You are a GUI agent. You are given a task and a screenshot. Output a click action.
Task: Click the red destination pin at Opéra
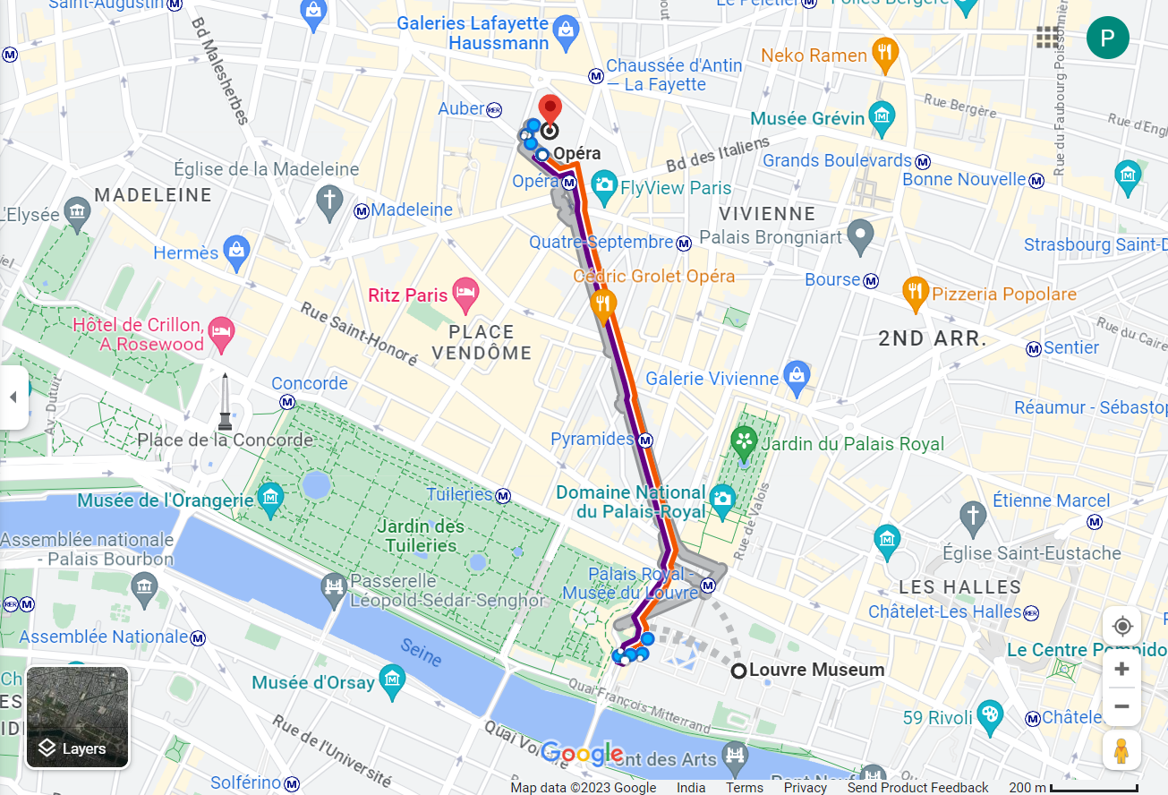[x=550, y=107]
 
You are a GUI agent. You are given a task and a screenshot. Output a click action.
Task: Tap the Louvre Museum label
[x=816, y=670]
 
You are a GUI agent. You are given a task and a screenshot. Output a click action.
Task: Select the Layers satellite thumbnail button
[x=78, y=718]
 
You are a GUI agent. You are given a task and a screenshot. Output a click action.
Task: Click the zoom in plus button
[x=1121, y=670]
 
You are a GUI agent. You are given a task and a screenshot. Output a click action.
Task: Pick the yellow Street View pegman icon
[x=1121, y=749]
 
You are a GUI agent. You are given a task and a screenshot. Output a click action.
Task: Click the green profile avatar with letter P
[x=1107, y=38]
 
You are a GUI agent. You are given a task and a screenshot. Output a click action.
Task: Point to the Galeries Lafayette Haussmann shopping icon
[x=566, y=32]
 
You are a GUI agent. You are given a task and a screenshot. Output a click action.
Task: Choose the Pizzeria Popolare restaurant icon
[x=914, y=291]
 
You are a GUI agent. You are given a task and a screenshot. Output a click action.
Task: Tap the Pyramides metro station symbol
[x=645, y=440]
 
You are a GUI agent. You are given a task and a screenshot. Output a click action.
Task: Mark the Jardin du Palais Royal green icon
[x=744, y=440]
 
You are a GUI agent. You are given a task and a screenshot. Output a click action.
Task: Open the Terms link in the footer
[x=744, y=788]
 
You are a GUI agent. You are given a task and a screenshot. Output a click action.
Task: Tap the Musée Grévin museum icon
[x=882, y=117]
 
